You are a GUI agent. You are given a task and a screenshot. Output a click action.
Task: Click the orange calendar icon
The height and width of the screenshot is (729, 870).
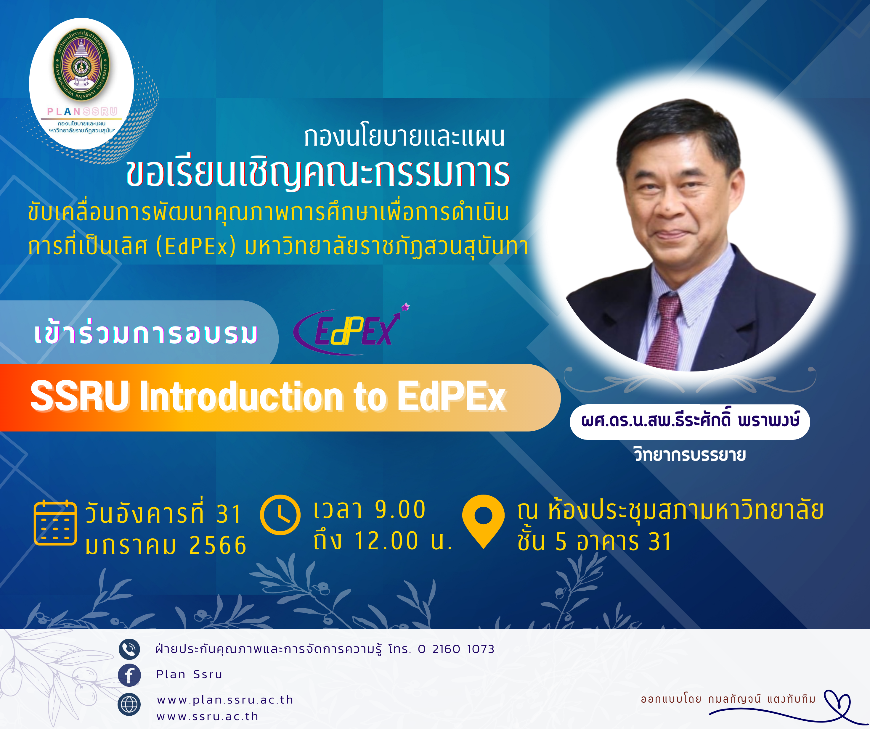[x=55, y=523]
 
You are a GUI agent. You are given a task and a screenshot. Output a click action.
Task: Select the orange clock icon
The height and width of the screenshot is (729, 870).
[x=280, y=515]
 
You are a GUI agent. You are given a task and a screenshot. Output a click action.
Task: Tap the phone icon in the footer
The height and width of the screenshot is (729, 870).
[x=129, y=649]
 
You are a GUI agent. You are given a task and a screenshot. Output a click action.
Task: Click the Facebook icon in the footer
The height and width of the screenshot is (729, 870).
[x=129, y=675]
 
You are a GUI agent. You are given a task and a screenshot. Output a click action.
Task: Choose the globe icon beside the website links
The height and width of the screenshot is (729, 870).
[x=129, y=704]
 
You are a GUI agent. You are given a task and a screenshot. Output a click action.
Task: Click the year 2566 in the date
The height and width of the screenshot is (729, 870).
[x=218, y=545]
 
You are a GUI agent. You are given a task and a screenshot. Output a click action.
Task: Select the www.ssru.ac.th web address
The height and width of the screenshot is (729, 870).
[x=208, y=717]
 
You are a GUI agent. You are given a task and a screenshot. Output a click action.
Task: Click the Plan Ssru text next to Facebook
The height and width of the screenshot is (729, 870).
[x=189, y=674]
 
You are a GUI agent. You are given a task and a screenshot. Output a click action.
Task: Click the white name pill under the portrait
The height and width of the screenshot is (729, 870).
[x=690, y=422]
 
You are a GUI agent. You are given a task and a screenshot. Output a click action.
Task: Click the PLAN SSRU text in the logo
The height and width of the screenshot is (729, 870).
[x=82, y=111]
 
